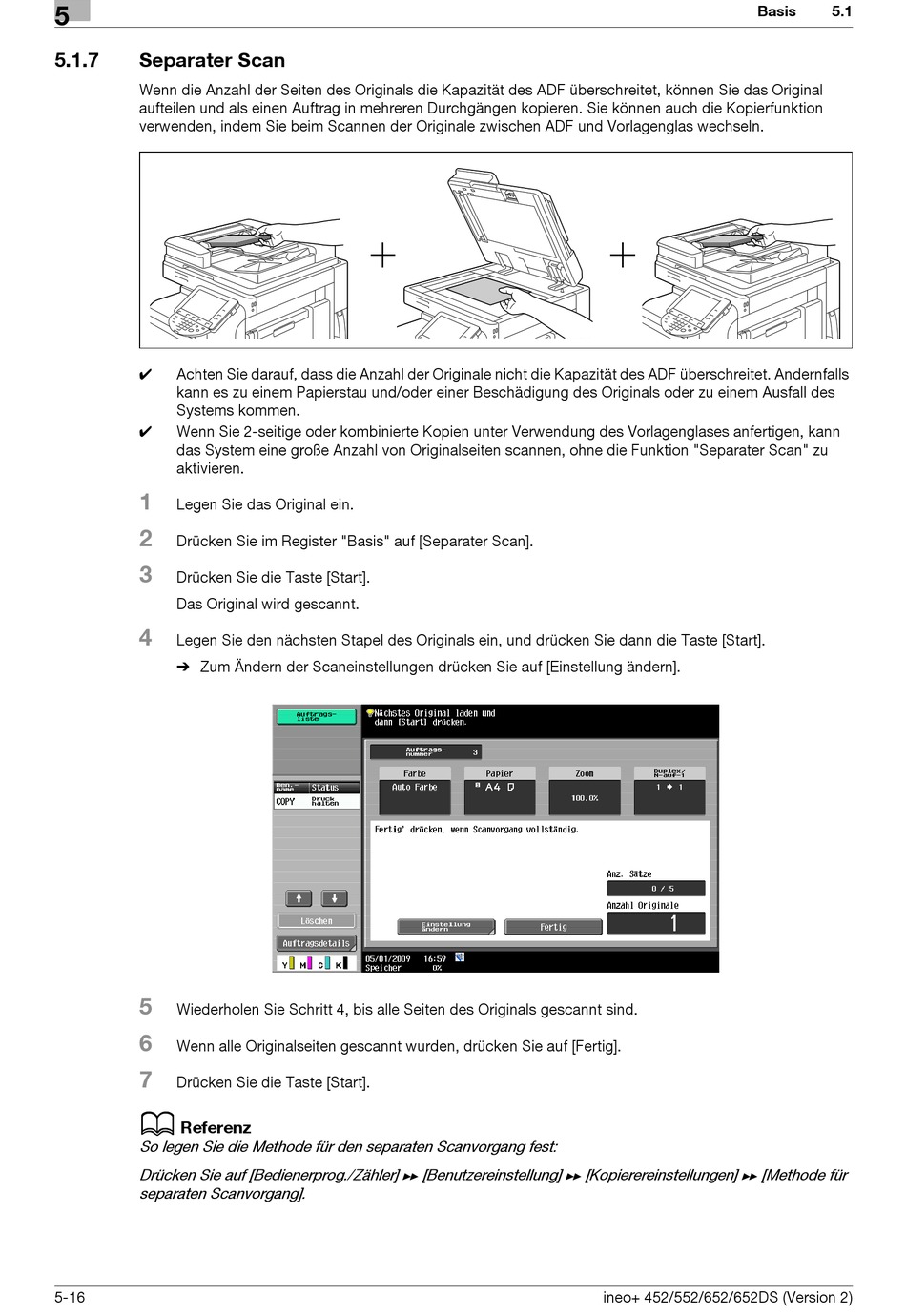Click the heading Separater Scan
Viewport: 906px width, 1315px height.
point(212,60)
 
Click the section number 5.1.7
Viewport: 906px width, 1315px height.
point(76,60)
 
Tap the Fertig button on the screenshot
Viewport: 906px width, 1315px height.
point(553,927)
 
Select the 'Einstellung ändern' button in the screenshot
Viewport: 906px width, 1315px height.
point(446,926)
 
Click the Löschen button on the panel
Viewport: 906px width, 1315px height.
point(316,921)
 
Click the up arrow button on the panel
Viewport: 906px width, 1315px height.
point(299,898)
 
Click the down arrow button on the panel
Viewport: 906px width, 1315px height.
point(334,898)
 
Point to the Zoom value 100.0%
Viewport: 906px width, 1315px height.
point(584,797)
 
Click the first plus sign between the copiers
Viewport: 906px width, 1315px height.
point(382,256)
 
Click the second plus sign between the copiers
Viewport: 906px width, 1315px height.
point(622,256)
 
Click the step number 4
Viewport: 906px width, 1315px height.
point(146,637)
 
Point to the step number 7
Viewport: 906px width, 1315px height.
point(146,1079)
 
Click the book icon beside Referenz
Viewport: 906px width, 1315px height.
point(156,1124)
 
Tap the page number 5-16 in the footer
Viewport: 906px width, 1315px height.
point(70,1297)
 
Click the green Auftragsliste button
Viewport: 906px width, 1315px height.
point(316,716)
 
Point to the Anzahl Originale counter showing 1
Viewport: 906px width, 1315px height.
point(656,923)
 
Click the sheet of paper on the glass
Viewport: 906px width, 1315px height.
point(477,291)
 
